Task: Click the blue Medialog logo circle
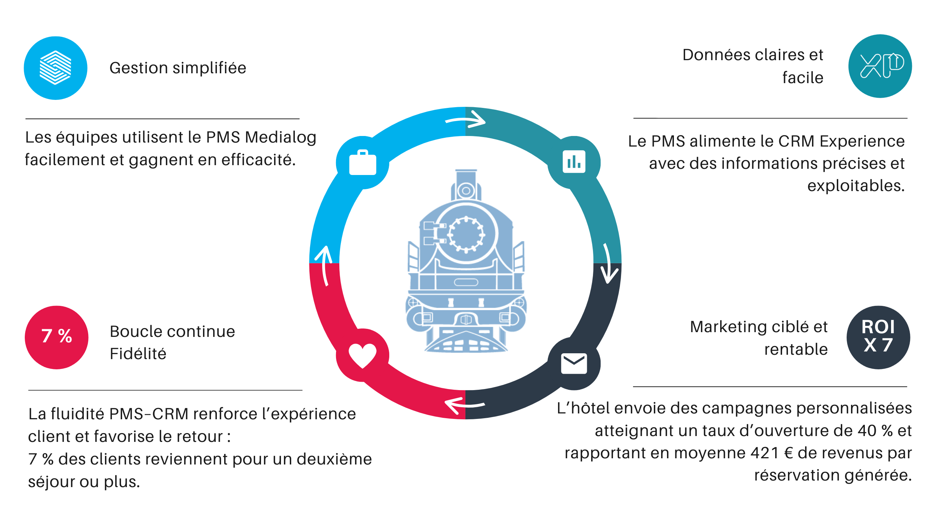pos(55,68)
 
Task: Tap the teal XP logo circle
pos(880,66)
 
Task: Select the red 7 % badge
pos(56,337)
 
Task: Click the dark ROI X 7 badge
pos(878,337)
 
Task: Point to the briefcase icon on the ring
pos(363,163)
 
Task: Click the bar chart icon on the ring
pos(574,162)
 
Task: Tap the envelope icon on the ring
pos(574,363)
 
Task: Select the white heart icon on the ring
pos(362,355)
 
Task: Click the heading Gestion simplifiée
pos(178,68)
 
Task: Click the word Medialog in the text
pos(281,137)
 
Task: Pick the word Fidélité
pos(138,354)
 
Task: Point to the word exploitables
pos(856,186)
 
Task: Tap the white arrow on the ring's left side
pos(324,264)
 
